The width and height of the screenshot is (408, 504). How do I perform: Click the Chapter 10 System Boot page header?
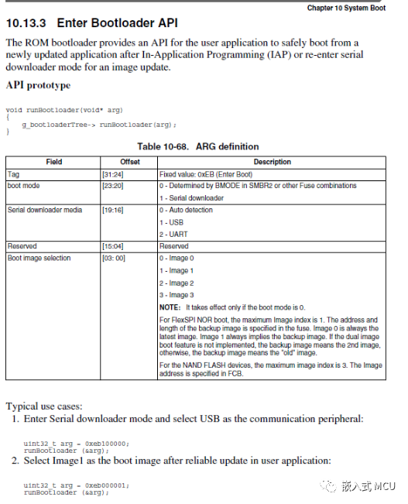(345, 7)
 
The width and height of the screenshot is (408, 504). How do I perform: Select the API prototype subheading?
(39, 84)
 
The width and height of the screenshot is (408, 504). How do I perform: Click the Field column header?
(53, 162)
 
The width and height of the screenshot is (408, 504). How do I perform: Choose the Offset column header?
(129, 162)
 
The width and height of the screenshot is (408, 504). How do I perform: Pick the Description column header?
(272, 162)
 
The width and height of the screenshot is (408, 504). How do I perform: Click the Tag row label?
(13, 174)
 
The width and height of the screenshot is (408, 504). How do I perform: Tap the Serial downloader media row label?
(43, 210)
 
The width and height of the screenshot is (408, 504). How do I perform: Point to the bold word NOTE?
(170, 307)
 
